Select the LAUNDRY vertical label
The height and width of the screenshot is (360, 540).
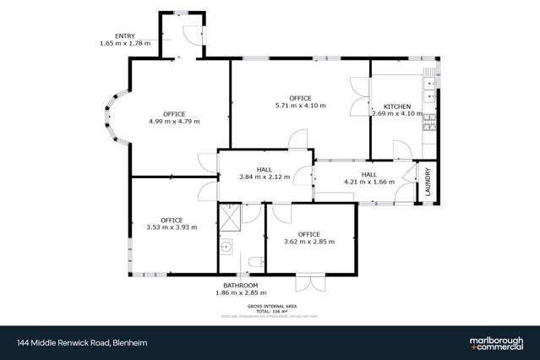(x=428, y=183)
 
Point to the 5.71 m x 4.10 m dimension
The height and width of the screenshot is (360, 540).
(x=300, y=106)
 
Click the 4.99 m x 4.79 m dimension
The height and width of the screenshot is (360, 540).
(x=174, y=121)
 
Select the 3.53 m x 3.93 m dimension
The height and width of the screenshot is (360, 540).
(x=172, y=227)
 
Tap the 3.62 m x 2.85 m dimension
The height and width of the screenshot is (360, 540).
(x=309, y=241)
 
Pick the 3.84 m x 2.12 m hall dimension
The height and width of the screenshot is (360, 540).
(x=265, y=177)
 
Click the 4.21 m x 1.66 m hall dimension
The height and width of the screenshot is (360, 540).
(x=369, y=182)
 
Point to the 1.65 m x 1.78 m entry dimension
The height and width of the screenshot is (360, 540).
(x=124, y=43)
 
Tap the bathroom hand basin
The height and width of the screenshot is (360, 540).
(x=226, y=248)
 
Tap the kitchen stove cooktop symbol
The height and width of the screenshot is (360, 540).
(x=431, y=124)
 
